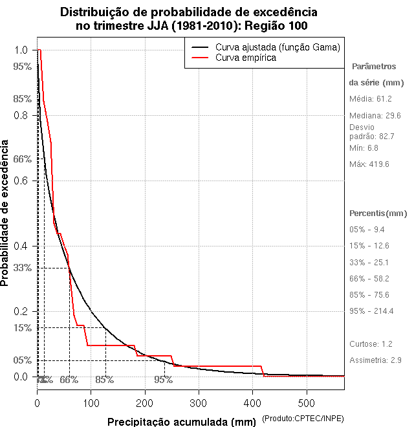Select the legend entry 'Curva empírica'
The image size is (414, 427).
click(246, 58)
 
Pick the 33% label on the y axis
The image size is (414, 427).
click(23, 268)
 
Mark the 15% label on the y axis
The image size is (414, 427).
click(23, 328)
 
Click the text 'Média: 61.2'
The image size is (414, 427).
click(371, 99)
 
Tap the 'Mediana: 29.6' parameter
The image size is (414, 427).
click(376, 115)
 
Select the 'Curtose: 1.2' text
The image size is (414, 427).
click(371, 344)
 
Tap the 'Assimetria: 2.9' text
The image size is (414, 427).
click(376, 360)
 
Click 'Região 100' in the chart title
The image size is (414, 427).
click(274, 26)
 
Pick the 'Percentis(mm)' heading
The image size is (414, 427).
click(378, 213)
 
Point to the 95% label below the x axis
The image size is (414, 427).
click(163, 380)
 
